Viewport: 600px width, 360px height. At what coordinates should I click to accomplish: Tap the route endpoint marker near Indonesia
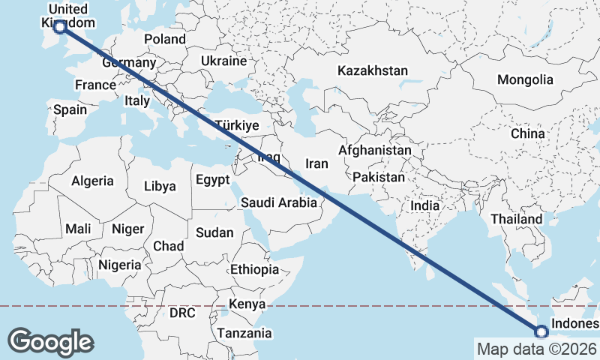pyautogui.click(x=541, y=331)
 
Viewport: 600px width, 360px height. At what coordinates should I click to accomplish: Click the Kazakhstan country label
pyautogui.click(x=373, y=70)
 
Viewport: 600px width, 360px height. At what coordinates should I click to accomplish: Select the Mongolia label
pyautogui.click(x=525, y=79)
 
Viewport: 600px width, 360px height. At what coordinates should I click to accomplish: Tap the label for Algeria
pyautogui.click(x=92, y=181)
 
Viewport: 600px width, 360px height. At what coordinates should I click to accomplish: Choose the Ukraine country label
pyautogui.click(x=223, y=61)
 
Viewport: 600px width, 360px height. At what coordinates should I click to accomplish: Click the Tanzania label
pyautogui.click(x=244, y=333)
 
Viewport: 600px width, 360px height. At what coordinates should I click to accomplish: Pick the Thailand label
pyautogui.click(x=516, y=219)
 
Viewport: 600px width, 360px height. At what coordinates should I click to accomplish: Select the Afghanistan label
pyautogui.click(x=375, y=150)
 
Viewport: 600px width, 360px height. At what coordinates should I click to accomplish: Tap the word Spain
pyautogui.click(x=70, y=109)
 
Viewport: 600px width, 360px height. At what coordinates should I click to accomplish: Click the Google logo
pyautogui.click(x=50, y=341)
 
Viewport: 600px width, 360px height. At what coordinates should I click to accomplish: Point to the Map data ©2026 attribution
pyautogui.click(x=536, y=349)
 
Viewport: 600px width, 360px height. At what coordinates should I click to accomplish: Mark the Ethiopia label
pyautogui.click(x=254, y=269)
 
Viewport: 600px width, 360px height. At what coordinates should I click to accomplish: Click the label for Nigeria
pyautogui.click(x=119, y=265)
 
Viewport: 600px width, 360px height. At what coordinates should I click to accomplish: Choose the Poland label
pyautogui.click(x=165, y=39)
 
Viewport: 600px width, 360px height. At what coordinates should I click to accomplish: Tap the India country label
pyautogui.click(x=425, y=205)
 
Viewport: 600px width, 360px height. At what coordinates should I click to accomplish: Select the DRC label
pyautogui.click(x=182, y=312)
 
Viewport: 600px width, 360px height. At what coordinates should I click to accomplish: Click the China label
pyautogui.click(x=527, y=133)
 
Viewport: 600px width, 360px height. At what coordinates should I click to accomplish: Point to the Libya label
pyautogui.click(x=159, y=186)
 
